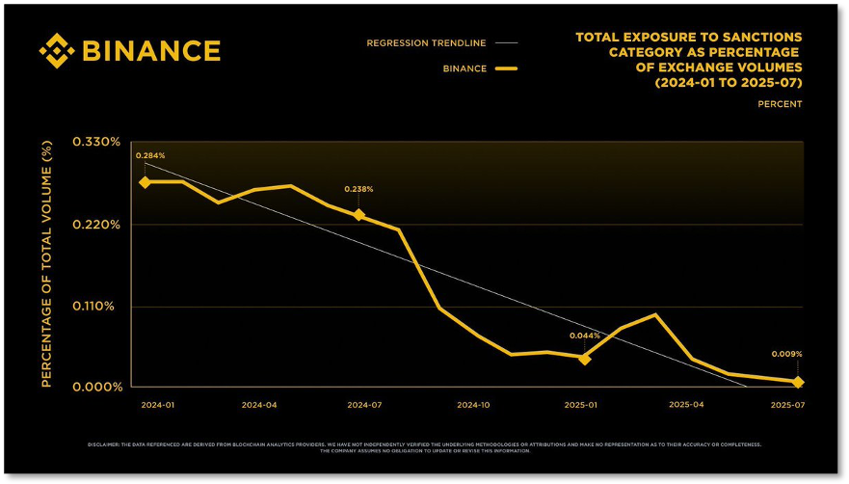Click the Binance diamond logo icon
pos(57,50)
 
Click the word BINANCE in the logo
pos(151,50)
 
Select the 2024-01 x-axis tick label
pos(158,405)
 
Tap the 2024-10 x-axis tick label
pos(473,405)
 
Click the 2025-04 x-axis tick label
pos(685,405)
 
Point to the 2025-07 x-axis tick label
pos(787,405)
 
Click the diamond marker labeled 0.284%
pos(145,181)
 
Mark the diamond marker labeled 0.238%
pos(358,215)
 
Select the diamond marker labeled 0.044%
pos(584,358)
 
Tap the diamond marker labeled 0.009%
pos(797,383)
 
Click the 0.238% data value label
pos(358,189)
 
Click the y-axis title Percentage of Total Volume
pos(46,262)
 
